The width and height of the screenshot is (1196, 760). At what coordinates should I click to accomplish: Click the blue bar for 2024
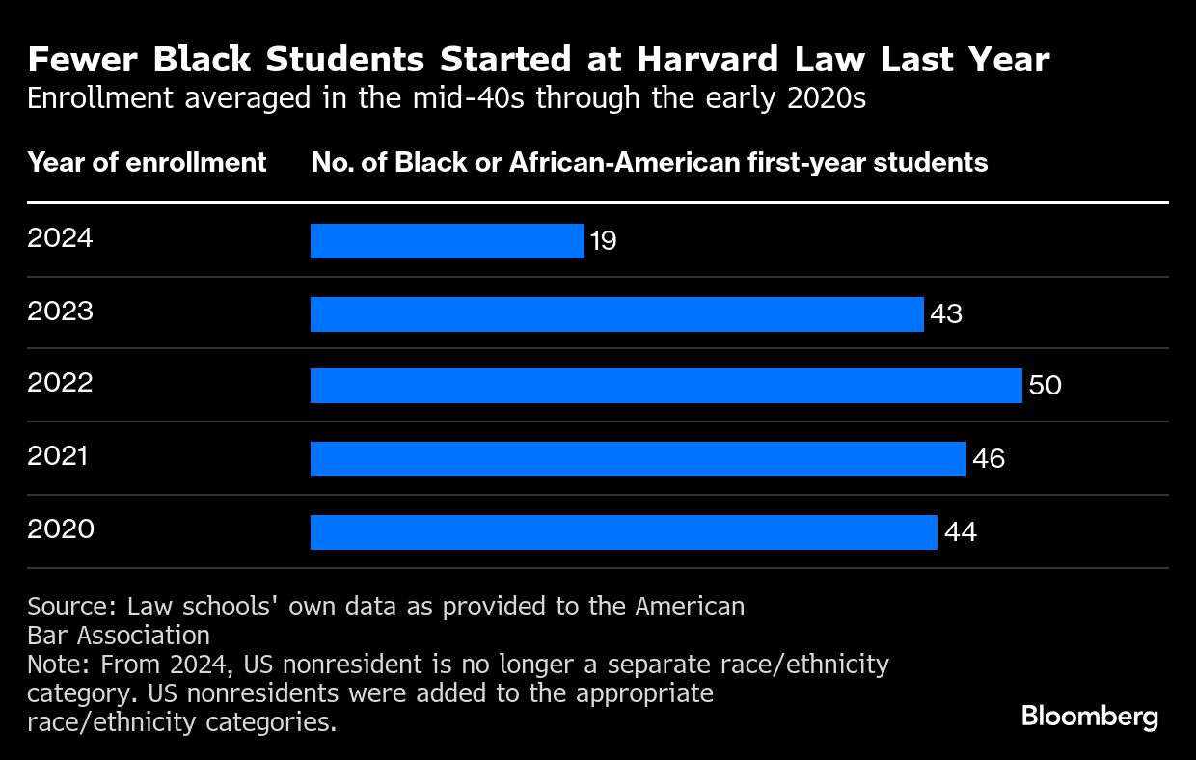coord(447,241)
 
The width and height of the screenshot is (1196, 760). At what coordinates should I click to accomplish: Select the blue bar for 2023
coord(616,314)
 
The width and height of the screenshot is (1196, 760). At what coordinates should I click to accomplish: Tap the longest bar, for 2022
coord(666,386)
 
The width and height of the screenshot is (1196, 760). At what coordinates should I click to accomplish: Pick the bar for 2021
coord(638,459)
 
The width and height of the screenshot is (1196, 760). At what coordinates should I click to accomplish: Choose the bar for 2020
coord(623,532)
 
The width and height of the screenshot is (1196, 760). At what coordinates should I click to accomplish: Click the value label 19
coord(604,241)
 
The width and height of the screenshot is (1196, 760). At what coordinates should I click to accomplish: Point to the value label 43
coord(945,314)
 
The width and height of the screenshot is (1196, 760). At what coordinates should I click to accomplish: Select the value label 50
coord(1045,386)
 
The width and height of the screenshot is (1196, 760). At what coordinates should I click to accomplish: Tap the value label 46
coord(988,459)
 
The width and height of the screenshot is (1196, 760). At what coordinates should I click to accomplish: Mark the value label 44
coord(960,532)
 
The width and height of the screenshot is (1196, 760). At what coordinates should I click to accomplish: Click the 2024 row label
coord(60,237)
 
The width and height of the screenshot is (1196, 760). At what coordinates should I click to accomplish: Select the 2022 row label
coord(60,383)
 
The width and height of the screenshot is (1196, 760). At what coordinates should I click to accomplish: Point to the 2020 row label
coord(60,529)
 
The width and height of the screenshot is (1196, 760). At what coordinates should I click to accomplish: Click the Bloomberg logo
coord(1089,717)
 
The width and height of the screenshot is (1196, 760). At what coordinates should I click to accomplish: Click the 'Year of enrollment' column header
coord(147,162)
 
